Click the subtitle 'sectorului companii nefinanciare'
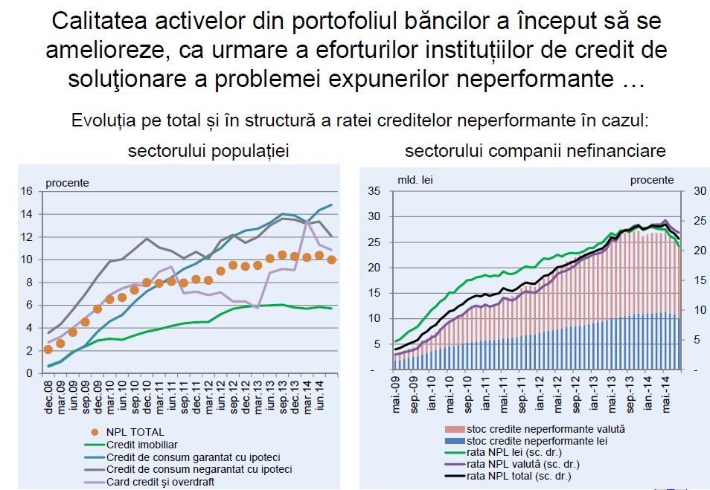(x=535, y=151)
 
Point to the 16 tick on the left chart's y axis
(x=28, y=191)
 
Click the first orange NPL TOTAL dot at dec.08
(x=48, y=349)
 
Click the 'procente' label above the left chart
(x=68, y=181)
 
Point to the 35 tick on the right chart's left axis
(x=374, y=191)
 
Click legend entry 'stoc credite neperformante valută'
(x=546, y=430)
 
